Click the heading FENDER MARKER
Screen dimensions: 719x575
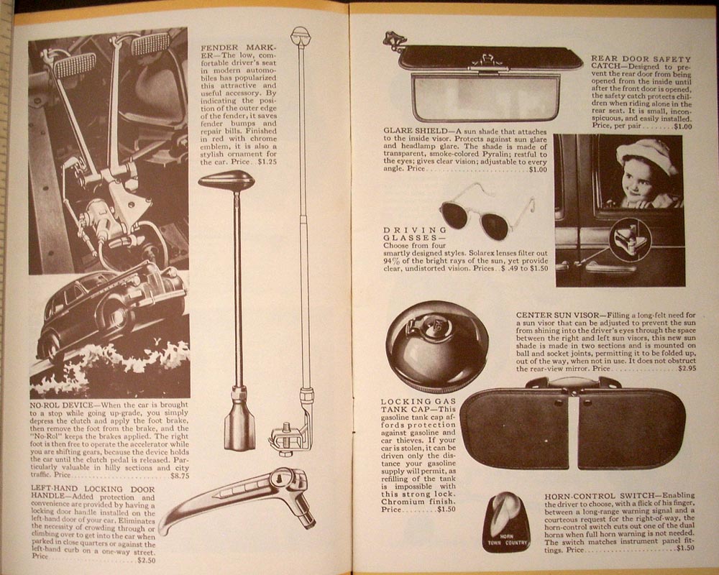(239, 51)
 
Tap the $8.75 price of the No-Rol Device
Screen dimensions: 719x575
(180, 476)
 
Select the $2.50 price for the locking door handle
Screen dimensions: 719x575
(146, 560)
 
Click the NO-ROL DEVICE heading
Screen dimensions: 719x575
(61, 405)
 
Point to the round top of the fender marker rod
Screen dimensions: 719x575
(301, 34)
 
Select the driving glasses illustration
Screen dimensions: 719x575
(487, 211)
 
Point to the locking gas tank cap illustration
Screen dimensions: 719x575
(436, 346)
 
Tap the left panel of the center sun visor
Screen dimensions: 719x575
(515, 428)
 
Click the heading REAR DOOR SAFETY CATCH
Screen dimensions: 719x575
(640, 63)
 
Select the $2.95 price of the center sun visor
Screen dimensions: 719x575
(687, 368)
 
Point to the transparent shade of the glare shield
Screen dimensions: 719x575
(485, 98)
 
